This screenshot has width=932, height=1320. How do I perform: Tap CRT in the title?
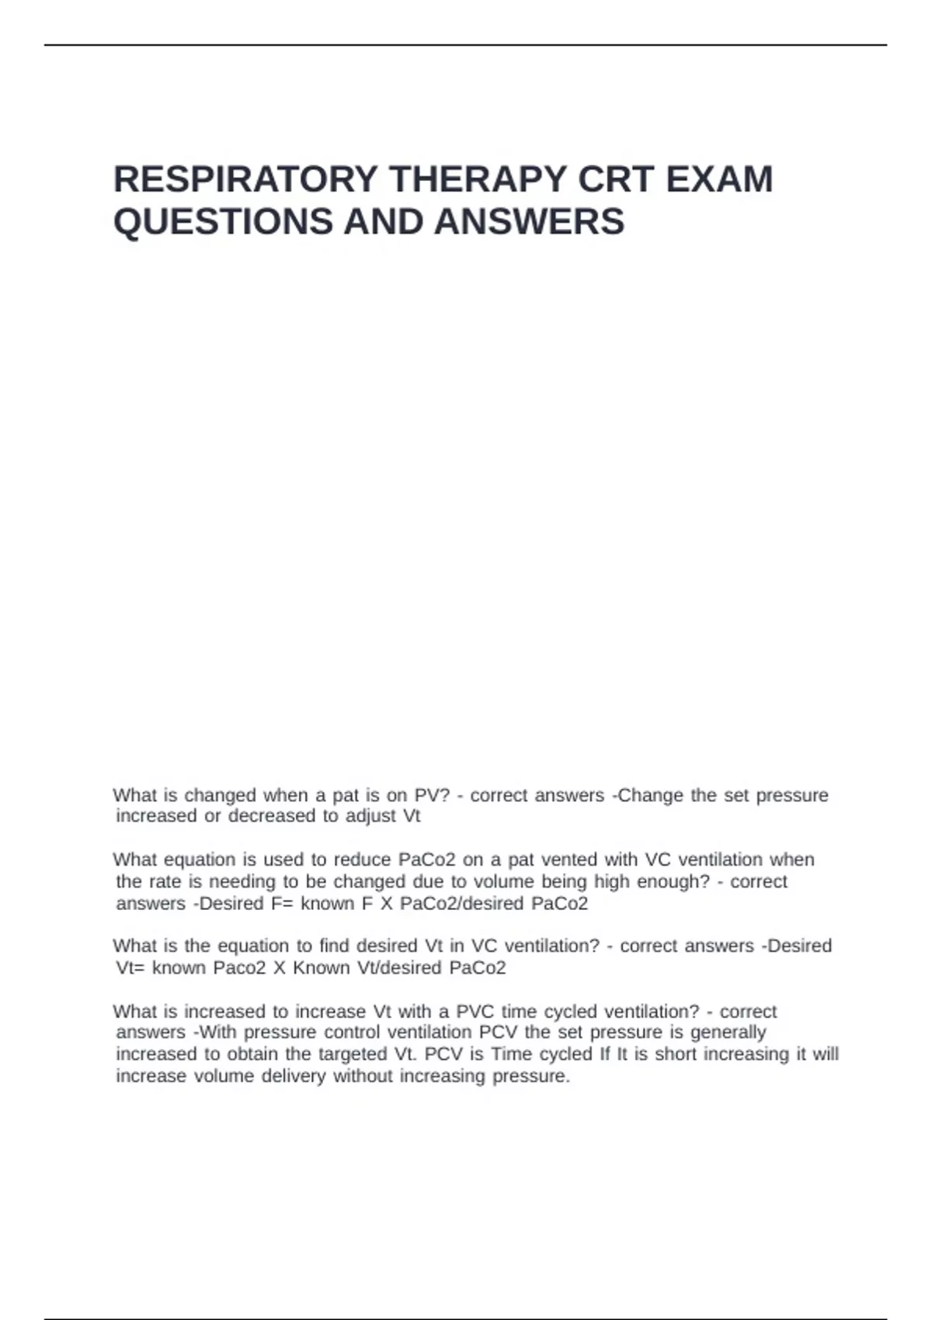615,179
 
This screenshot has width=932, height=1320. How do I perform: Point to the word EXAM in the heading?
719,179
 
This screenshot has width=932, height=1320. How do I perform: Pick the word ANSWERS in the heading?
529,222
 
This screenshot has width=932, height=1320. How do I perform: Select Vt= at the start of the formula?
130,967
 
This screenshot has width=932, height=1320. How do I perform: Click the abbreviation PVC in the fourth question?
475,1012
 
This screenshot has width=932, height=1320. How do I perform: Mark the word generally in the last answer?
728,1032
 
